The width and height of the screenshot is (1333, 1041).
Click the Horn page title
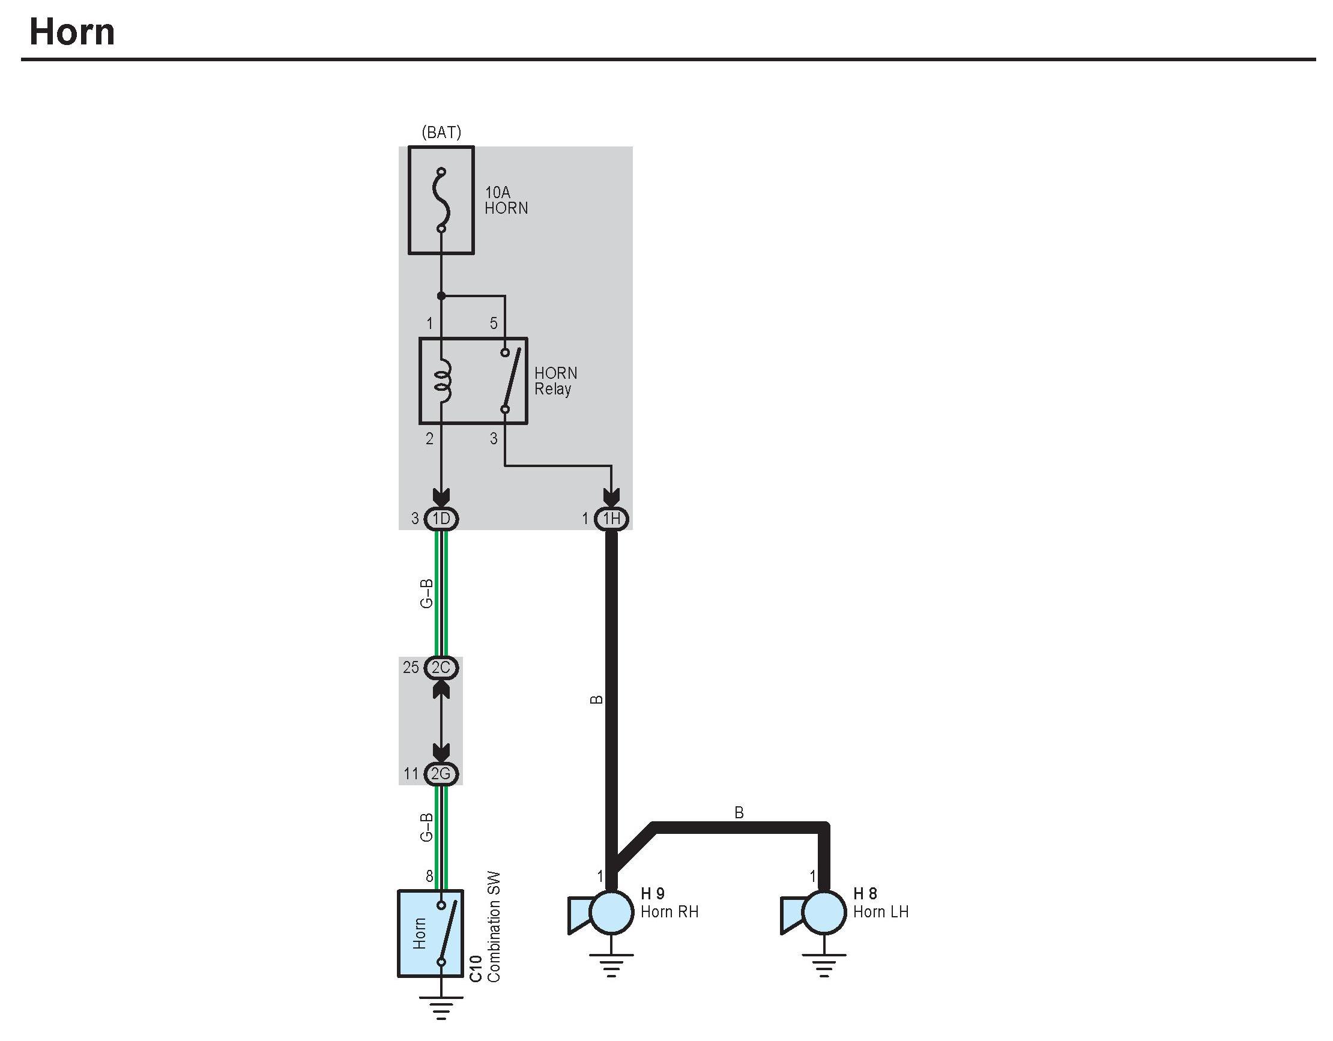pos(72,32)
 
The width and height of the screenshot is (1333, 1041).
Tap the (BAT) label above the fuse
pos(441,133)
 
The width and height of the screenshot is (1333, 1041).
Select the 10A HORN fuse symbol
pos(441,200)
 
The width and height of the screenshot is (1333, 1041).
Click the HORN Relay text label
pos(555,381)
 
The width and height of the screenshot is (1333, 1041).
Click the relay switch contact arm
pos(512,379)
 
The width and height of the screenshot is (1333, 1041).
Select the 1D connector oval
pos(441,519)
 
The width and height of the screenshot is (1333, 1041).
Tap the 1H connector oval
pos(612,519)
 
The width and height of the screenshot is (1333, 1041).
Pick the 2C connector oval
pos(441,668)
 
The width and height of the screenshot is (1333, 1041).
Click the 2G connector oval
pos(441,774)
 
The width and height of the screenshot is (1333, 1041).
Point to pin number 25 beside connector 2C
pos(411,668)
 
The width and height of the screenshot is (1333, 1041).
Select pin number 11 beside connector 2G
pos(411,774)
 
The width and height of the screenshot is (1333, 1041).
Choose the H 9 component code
pos(653,894)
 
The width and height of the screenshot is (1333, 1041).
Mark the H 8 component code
pos(865,894)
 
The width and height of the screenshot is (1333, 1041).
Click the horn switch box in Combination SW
pos(431,934)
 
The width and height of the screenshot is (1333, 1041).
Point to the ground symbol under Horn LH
pos(824,967)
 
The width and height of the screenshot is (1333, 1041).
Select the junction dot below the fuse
pos(441,296)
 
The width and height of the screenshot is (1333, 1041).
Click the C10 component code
pos(477,969)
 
